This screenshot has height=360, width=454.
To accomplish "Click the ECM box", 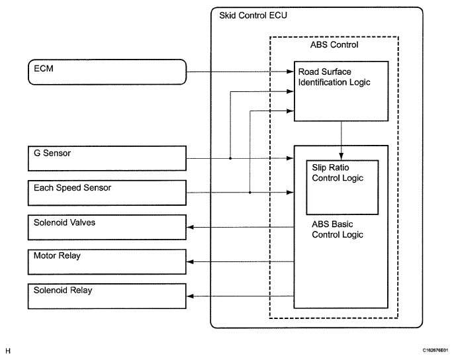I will click(106, 71).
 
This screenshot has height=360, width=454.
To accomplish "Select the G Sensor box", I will click(106, 159).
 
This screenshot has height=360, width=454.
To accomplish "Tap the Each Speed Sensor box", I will click(106, 193).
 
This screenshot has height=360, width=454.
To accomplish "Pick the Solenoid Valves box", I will click(106, 227).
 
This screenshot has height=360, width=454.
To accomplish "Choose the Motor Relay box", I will click(106, 261).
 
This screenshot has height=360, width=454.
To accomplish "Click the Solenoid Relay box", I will click(106, 295).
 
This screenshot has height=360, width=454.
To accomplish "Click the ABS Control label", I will click(334, 45).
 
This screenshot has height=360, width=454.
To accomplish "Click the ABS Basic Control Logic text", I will click(337, 229).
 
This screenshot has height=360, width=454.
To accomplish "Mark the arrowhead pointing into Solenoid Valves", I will click(191, 227).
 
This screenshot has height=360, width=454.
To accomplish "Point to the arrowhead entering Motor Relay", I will click(191, 261).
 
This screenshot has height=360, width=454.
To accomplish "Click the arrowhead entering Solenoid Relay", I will click(191, 296).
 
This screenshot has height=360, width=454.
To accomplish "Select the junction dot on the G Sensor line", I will click(229, 159).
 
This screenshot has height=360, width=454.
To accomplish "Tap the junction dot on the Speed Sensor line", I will click(250, 193).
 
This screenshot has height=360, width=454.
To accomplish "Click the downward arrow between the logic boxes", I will click(340, 140).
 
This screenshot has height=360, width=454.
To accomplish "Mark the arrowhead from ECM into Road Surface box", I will click(290, 71).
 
